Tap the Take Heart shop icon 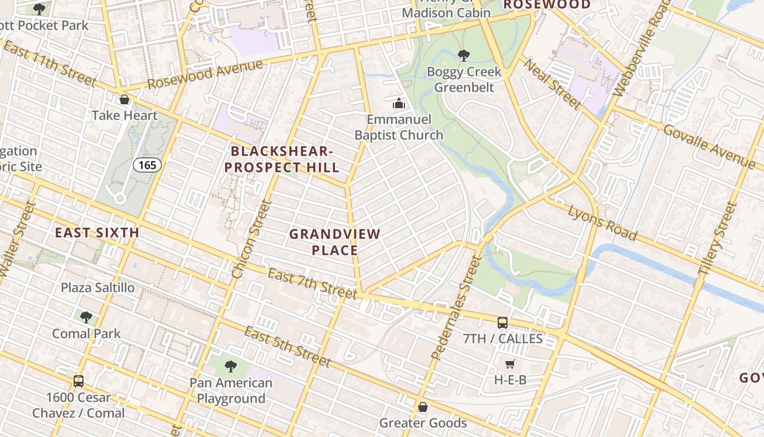[x=124, y=99]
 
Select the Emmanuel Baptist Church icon [x=399, y=103]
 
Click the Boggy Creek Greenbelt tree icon [x=463, y=55]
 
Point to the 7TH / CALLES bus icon [x=503, y=323]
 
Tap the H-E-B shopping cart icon [x=510, y=364]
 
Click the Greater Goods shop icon [x=422, y=407]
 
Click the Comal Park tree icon [x=86, y=317]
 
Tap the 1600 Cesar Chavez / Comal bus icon [x=79, y=381]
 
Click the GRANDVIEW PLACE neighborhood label [x=335, y=242]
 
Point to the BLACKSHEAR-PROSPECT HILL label [x=282, y=159]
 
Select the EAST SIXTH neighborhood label [x=97, y=233]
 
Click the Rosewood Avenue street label [x=205, y=74]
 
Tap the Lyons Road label [x=602, y=223]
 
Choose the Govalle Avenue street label [x=709, y=146]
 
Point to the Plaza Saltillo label [x=98, y=287]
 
